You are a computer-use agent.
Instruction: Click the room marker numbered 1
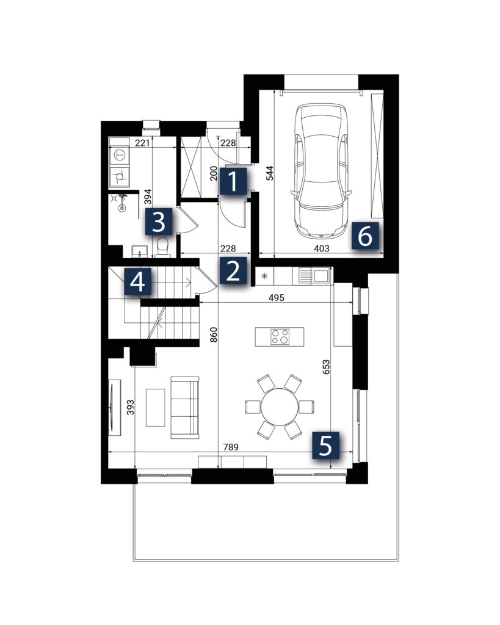click(x=233, y=181)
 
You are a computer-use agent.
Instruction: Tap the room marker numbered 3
click(x=159, y=222)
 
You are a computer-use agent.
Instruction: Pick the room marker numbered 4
click(x=138, y=281)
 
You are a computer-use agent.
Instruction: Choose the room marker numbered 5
click(x=325, y=446)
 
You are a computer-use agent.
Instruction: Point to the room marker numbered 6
click(x=365, y=236)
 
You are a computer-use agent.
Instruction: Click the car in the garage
click(x=321, y=172)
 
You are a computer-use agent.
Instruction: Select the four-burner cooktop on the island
click(x=280, y=336)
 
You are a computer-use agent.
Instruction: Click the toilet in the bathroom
click(x=162, y=247)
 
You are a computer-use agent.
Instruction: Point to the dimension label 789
click(x=230, y=447)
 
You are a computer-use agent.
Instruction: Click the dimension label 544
click(x=270, y=173)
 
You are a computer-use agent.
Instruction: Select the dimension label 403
click(x=321, y=248)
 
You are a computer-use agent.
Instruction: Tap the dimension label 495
click(x=277, y=297)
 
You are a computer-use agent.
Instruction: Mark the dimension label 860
click(x=214, y=335)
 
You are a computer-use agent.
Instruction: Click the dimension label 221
click(x=142, y=143)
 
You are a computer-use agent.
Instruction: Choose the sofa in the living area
click(x=185, y=407)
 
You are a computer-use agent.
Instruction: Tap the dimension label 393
click(x=130, y=407)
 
